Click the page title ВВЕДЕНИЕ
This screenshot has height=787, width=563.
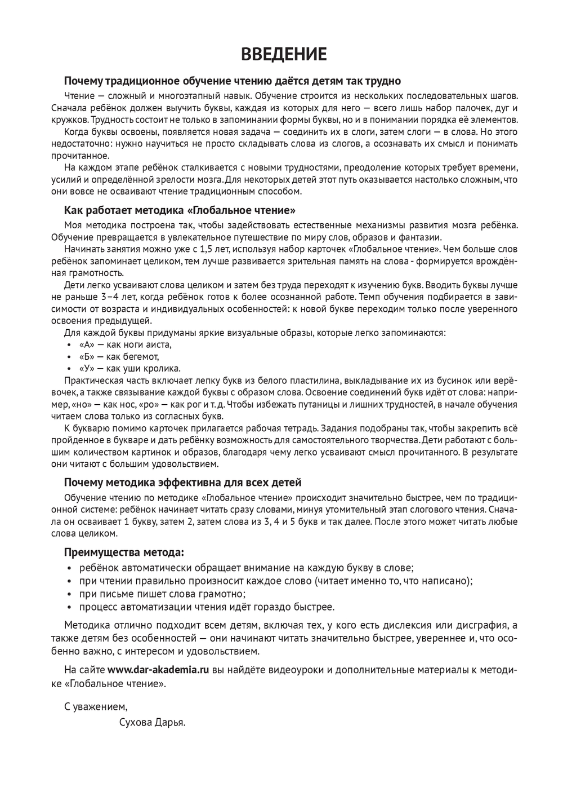284,55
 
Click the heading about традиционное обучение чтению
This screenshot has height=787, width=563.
232,81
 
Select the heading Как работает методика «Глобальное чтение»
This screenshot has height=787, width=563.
180,211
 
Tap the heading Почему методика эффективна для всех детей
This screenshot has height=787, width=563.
182,483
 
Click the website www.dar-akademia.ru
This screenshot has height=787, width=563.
158,670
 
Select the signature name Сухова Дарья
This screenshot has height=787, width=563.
152,722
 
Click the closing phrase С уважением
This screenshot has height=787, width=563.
96,706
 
